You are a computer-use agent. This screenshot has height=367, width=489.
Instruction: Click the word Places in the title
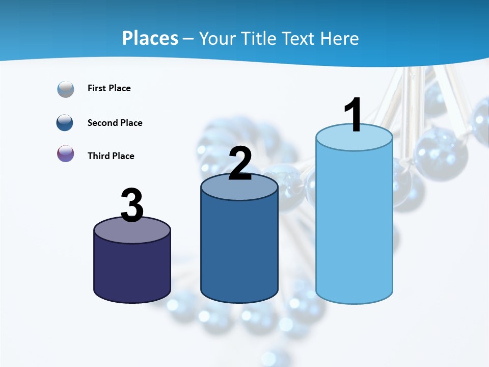point(150,38)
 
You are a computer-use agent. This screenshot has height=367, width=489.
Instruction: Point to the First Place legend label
point(109,88)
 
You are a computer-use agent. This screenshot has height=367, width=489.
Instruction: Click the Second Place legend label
point(115,123)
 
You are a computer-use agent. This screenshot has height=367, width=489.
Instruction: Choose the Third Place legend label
point(111,156)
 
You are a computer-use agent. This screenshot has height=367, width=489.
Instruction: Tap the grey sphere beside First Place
point(66,89)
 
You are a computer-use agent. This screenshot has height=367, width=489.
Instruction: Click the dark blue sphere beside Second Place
point(65,123)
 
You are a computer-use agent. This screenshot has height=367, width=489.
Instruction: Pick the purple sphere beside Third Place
point(66,154)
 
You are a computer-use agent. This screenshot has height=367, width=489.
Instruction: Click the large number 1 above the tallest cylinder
point(353,115)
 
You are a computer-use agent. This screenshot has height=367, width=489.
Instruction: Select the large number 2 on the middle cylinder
point(240,164)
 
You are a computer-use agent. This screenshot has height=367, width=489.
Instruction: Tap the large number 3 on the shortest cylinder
point(132,205)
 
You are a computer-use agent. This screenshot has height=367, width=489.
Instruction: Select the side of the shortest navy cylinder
point(132,270)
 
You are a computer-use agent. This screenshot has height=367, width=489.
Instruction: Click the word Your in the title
point(218,38)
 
